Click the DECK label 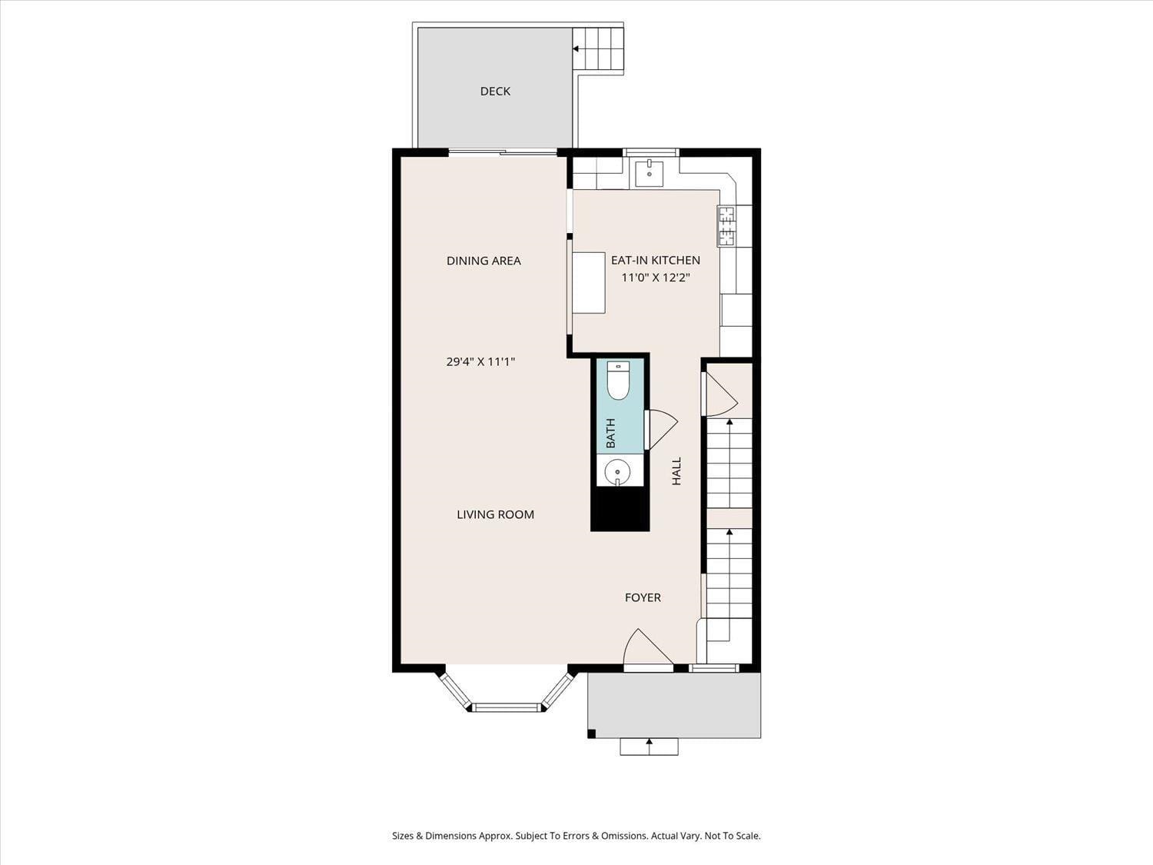click(495, 91)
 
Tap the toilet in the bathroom click(618, 380)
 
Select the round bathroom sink click(617, 471)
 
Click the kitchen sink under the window click(650, 173)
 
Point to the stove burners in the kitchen click(726, 226)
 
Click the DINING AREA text click(483, 261)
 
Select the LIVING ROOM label click(495, 514)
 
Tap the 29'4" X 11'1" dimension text click(480, 361)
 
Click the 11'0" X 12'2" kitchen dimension click(656, 278)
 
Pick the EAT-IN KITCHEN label click(656, 260)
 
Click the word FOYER click(643, 597)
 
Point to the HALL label click(676, 471)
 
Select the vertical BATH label click(610, 433)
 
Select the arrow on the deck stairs click(576, 48)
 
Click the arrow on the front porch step click(650, 742)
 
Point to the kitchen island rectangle click(589, 282)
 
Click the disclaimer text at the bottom click(576, 836)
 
